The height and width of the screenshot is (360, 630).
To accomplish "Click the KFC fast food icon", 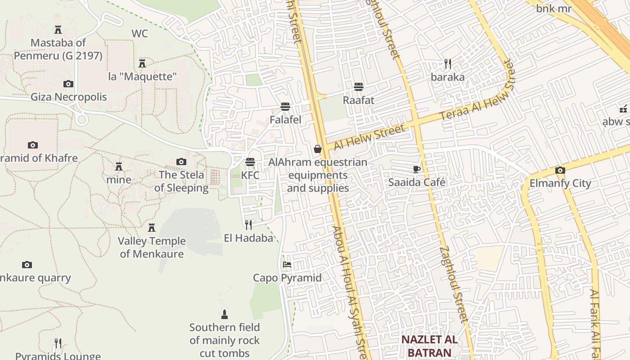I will (250, 162).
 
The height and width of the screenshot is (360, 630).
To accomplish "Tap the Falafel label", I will (285, 120).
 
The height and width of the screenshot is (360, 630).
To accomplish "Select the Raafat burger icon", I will (359, 86).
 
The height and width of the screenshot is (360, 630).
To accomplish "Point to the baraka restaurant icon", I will (447, 63).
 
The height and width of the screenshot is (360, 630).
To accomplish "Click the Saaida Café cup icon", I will (417, 169).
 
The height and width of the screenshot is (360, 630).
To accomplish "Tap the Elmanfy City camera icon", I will (560, 170).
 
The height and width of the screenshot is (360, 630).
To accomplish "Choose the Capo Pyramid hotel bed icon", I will (287, 265).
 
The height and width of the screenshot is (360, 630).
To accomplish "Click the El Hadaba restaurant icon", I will (248, 225).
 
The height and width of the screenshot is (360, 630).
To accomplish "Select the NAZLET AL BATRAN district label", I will (429, 346).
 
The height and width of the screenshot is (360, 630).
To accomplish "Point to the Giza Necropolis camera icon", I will (68, 84).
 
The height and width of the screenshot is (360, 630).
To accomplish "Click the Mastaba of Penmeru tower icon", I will (58, 30).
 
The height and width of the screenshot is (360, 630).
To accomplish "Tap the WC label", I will (139, 34).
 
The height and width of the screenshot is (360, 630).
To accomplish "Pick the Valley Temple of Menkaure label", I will (152, 247).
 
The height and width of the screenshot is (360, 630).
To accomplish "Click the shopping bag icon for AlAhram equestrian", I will (318, 149).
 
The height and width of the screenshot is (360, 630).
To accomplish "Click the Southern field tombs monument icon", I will (225, 314).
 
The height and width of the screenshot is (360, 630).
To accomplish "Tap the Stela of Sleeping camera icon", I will (181, 162).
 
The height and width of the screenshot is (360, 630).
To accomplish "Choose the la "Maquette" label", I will (142, 76).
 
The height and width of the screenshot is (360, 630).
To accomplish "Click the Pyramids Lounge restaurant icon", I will (58, 343).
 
